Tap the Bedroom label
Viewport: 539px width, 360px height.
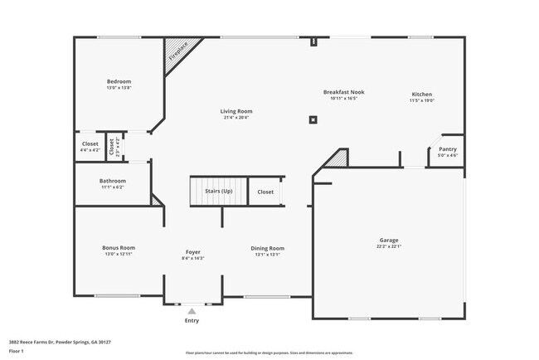[x=119, y=80]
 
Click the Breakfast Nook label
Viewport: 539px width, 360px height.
[x=343, y=92]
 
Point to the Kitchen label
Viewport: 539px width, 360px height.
[x=422, y=95]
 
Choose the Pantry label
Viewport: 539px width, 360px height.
[x=447, y=149]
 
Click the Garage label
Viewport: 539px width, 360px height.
[x=389, y=240]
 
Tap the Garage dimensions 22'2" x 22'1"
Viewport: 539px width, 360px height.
[x=389, y=246]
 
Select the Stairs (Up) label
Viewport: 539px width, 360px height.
[x=219, y=192]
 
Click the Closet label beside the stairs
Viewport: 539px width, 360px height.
[x=265, y=192]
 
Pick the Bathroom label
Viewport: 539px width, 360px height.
[x=112, y=181]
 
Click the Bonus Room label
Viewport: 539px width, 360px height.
[x=119, y=247]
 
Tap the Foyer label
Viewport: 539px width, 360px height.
[x=192, y=251]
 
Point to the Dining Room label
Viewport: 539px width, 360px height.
[x=267, y=248]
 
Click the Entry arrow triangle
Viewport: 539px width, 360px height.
[x=192, y=311]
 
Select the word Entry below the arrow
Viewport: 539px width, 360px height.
[x=192, y=320]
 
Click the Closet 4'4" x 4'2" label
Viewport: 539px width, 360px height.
[x=90, y=144]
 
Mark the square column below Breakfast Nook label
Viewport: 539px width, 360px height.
[x=313, y=119]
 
